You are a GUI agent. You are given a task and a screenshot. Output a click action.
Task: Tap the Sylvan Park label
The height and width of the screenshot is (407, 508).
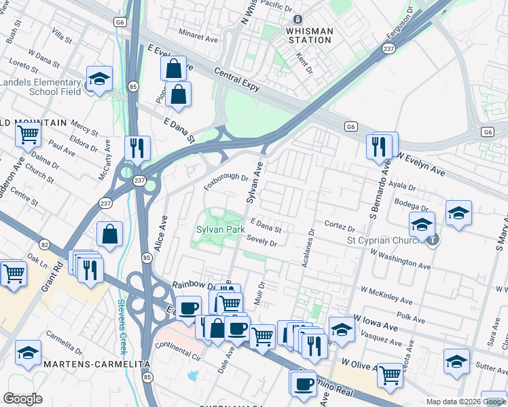coord(221,230)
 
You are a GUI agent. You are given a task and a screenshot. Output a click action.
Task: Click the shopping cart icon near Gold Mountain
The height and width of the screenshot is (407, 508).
coord(29,135)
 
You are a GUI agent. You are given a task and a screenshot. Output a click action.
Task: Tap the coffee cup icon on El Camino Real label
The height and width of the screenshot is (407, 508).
coord(304,384)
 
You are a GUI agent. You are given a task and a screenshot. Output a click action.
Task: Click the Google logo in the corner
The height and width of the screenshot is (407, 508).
coord(22,399)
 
